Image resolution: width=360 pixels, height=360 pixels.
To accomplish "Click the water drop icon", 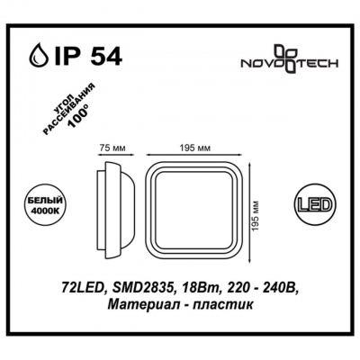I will point(39,54).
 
